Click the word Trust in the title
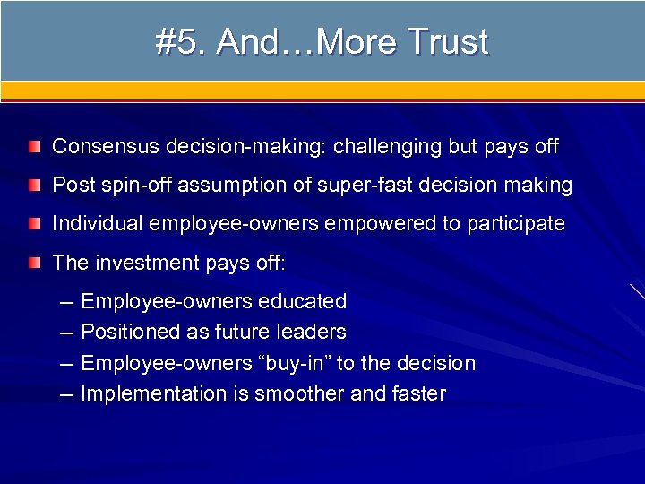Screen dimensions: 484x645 [x=448, y=42]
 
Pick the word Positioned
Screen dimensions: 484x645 [x=131, y=333]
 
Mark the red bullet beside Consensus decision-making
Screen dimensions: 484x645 [x=34, y=146]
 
